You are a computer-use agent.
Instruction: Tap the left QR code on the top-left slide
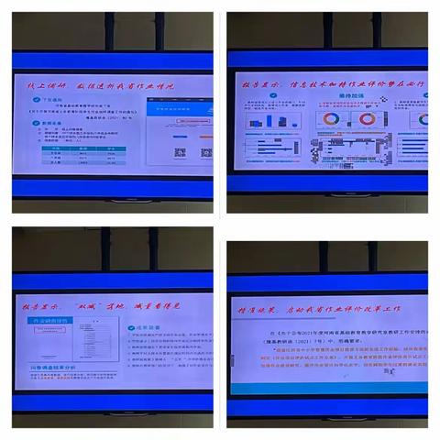[x=180, y=153]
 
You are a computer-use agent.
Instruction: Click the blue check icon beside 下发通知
[x=45, y=105]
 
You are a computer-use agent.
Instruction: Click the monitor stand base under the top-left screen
[x=115, y=200]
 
